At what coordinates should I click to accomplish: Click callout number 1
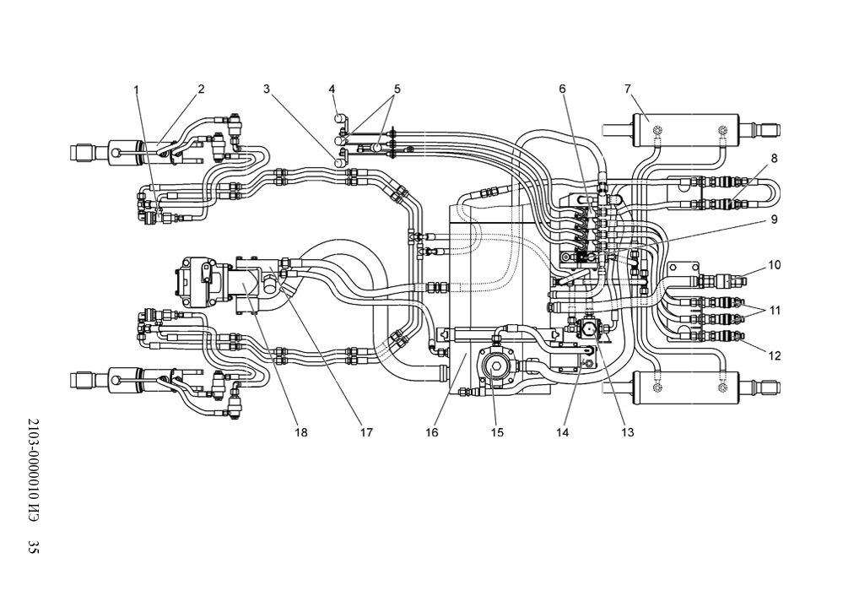(137, 89)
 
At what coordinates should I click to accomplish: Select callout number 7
(628, 89)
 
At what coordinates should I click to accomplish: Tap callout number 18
(301, 432)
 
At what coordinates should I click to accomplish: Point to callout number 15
(497, 432)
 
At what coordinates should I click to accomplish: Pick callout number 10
(774, 265)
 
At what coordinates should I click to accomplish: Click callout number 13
(628, 432)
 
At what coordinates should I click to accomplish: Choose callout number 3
(267, 89)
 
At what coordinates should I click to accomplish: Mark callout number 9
(774, 219)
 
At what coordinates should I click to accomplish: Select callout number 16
(432, 432)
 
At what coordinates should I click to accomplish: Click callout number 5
(397, 89)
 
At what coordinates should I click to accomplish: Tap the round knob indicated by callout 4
(340, 118)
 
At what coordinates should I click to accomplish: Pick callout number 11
(774, 311)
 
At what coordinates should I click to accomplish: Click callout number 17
(366, 432)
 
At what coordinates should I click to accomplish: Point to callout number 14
(562, 432)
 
